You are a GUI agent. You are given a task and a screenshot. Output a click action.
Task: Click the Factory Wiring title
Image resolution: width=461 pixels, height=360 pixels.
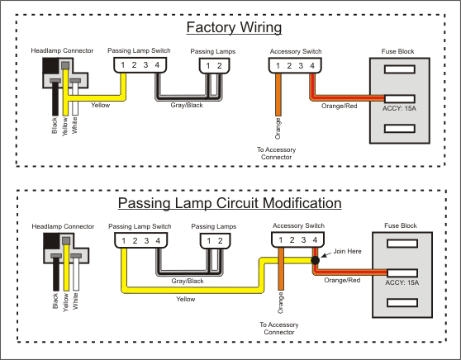[234, 27]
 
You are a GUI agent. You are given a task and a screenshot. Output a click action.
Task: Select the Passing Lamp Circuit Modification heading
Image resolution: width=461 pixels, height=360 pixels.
[230, 203]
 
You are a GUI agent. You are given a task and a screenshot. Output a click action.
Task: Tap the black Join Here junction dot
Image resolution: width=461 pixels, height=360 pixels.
[315, 260]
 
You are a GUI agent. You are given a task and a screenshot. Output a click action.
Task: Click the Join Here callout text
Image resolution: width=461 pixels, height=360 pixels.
[347, 251]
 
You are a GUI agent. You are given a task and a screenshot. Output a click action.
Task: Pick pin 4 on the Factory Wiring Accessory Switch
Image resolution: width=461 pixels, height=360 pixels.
[312, 65]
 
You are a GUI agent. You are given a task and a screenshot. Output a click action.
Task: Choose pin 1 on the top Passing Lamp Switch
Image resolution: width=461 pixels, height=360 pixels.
[122, 65]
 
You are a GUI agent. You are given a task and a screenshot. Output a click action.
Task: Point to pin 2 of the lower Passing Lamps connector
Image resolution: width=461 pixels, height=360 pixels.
[220, 240]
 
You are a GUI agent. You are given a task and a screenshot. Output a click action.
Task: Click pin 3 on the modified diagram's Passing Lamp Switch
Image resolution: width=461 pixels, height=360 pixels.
[146, 240]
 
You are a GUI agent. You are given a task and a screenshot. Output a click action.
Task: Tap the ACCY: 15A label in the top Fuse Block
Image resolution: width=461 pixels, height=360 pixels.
[399, 108]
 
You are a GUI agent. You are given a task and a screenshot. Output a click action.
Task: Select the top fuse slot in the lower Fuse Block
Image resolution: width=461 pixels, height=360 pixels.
[402, 244]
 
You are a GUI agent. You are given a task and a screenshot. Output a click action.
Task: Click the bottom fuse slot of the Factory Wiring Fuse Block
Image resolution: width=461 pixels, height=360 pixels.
[400, 129]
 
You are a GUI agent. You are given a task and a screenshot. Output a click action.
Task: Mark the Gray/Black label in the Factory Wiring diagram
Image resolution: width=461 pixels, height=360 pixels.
[187, 105]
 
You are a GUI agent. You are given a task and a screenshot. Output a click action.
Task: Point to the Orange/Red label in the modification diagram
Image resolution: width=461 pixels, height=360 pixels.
[342, 280]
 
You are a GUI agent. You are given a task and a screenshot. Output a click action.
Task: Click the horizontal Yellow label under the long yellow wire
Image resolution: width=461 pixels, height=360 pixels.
[186, 299]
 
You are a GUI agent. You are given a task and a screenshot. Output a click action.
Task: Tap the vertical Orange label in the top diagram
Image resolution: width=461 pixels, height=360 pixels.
[278, 129]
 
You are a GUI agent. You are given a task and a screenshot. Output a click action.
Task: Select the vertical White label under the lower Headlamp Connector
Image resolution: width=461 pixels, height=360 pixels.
[75, 301]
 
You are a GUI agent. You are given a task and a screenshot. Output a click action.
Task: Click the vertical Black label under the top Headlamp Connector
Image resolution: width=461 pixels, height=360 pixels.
[55, 126]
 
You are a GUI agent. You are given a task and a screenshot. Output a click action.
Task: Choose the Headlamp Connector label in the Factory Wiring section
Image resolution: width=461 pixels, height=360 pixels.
[62, 50]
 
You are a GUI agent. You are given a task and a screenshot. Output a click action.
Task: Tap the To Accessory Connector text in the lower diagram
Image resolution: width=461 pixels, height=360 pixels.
[278, 329]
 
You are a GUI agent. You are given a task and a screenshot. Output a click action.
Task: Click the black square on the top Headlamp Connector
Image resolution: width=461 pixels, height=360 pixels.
[50, 65]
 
